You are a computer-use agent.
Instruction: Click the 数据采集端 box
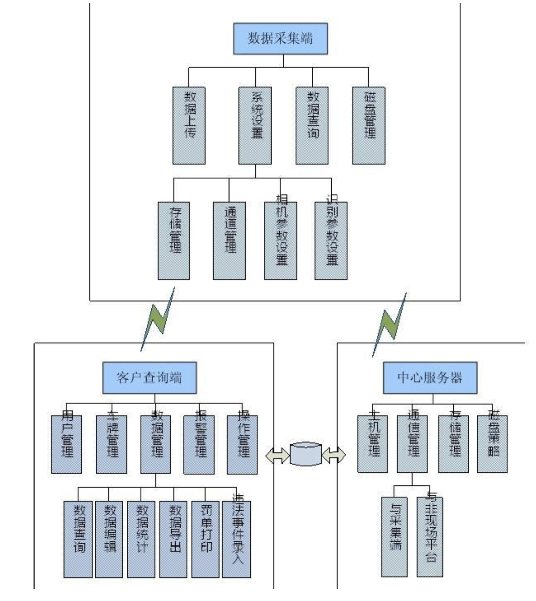coord(280,38)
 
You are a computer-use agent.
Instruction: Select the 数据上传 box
coord(189,125)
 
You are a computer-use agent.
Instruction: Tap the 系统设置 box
coord(255,125)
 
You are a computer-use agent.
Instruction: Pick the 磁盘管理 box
coord(369,125)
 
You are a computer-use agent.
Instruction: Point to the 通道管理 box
coord(229,241)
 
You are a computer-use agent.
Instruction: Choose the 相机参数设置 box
coord(280,241)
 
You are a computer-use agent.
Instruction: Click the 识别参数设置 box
coord(331,241)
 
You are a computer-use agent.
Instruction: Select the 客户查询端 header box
coord(149,378)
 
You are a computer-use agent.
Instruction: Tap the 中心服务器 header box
coord(430,378)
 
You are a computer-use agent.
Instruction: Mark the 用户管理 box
coord(66,444)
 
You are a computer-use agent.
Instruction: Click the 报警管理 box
coord(199,444)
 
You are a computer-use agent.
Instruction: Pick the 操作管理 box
coord(242,444)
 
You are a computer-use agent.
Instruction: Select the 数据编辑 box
coord(109,539)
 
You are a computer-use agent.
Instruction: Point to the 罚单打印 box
coord(205,539)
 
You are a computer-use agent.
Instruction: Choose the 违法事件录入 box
coord(236,539)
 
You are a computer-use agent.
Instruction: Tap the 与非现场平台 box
coord(429,537)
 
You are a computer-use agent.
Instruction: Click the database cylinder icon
coord(305,454)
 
